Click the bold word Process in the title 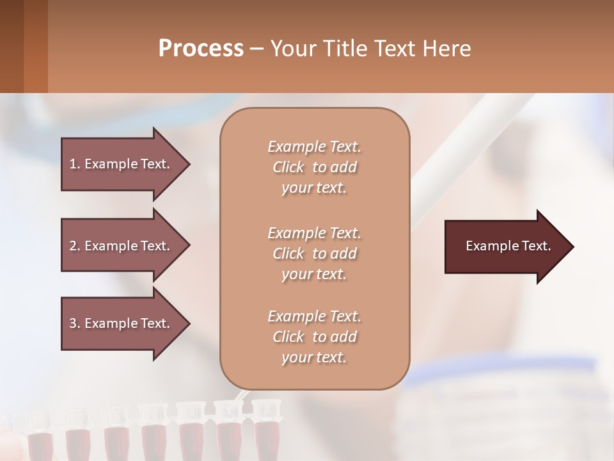coord(201,49)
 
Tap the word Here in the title coord(447,49)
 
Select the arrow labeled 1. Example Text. coord(120,164)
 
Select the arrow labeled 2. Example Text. coord(120,246)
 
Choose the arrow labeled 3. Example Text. coord(120,323)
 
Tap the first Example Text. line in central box coord(314,147)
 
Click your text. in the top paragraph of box coord(314,188)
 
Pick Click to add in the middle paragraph coord(314,254)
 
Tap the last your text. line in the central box coord(314,358)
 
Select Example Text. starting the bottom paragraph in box coord(314,316)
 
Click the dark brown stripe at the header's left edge coord(12,46)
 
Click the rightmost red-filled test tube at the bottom coord(265,435)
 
